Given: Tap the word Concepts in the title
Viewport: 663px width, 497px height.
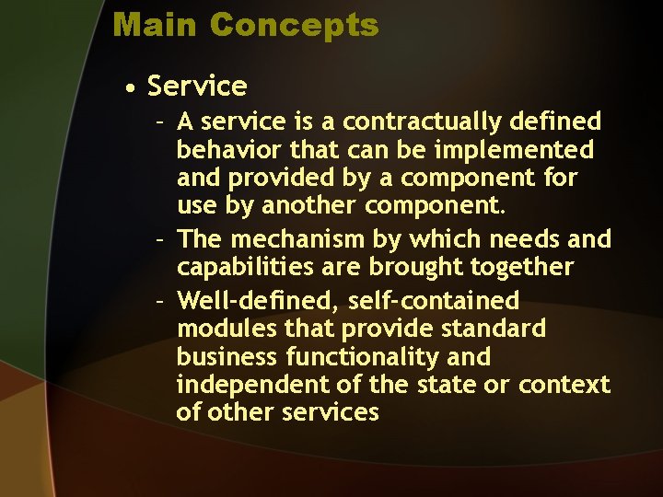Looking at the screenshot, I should (294, 25).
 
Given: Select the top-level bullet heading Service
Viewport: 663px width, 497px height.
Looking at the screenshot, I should (197, 87).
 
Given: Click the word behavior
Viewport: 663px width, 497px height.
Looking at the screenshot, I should (229, 149).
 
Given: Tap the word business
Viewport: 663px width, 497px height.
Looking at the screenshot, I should (228, 356).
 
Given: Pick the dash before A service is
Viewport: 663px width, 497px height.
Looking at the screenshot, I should (160, 122).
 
